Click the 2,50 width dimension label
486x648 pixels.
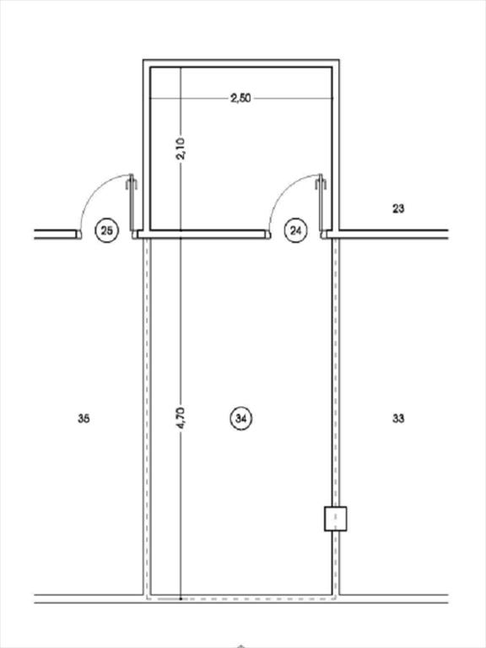pyautogui.click(x=240, y=99)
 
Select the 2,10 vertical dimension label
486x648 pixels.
pyautogui.click(x=181, y=148)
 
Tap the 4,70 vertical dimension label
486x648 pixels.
pyautogui.click(x=181, y=418)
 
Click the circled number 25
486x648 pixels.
pyautogui.click(x=107, y=230)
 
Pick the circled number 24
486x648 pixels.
pyautogui.click(x=296, y=230)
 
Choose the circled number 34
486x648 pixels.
pyautogui.click(x=241, y=418)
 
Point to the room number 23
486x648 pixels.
pyautogui.click(x=398, y=208)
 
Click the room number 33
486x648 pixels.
pyautogui.click(x=398, y=418)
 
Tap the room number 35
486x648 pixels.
pyautogui.click(x=84, y=418)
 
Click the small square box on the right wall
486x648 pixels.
pyautogui.click(x=335, y=518)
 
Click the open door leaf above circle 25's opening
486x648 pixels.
pyautogui.click(x=132, y=202)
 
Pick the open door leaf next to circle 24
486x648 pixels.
pyautogui.click(x=321, y=202)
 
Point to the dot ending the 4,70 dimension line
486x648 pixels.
pyautogui.click(x=181, y=598)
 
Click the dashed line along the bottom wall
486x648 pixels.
pyautogui.click(x=241, y=598)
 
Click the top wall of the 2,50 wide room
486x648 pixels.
pyautogui.click(x=241, y=63)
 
